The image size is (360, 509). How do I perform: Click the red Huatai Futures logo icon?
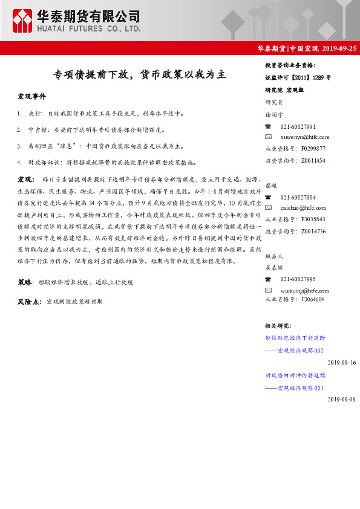(23, 21)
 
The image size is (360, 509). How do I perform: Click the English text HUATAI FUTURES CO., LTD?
(90, 28)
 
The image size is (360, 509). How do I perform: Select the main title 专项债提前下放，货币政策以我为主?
(139, 75)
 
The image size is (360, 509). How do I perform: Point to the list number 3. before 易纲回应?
(20, 146)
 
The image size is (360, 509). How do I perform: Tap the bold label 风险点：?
(30, 301)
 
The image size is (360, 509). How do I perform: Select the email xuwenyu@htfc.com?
(304, 137)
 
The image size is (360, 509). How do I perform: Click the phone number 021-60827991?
(298, 126)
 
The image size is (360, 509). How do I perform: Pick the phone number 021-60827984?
(298, 198)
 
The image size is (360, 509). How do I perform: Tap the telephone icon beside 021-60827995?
(268, 279)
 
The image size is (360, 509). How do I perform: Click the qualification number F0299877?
(313, 148)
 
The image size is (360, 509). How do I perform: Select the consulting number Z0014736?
(313, 232)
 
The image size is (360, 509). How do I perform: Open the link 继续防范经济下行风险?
(295, 339)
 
